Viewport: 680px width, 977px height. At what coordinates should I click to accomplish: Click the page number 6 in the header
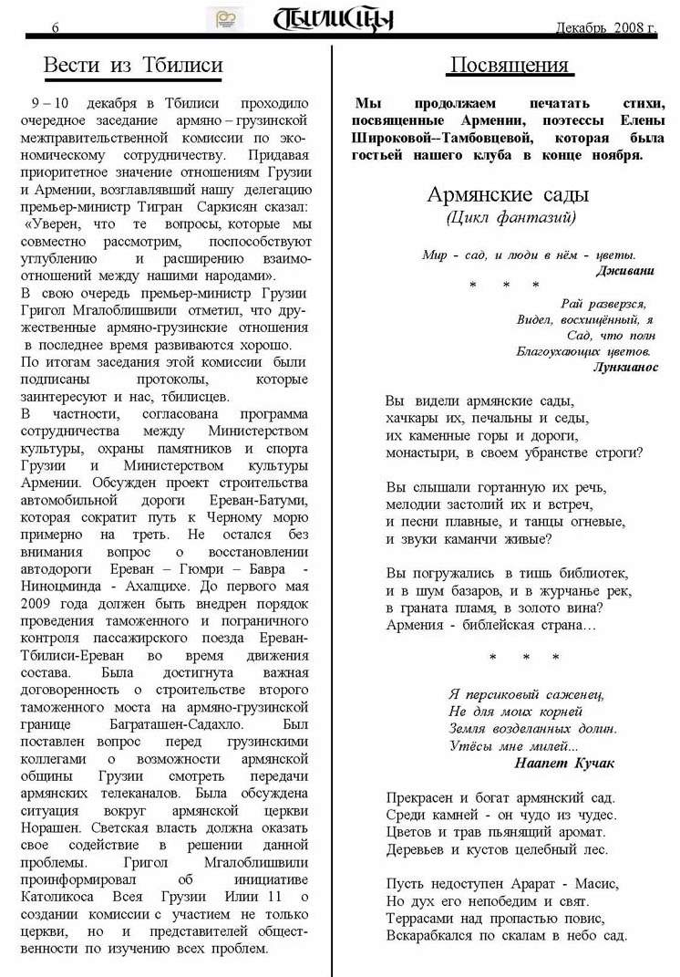pos(56,28)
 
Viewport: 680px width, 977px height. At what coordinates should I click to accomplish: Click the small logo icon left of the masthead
pos(225,17)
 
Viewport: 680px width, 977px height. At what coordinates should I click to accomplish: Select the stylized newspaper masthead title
pos(335,18)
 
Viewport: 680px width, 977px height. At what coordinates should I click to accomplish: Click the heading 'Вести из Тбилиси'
pos(133,66)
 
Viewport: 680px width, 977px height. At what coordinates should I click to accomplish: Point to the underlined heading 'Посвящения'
pos(509,66)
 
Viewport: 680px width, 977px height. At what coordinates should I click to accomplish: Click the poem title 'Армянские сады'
pos(508,194)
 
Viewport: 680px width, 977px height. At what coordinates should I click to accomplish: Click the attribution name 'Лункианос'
pos(625,367)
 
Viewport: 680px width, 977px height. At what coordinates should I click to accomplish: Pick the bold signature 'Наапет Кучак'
pos(565,763)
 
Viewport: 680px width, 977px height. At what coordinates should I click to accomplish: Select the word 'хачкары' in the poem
pos(417,418)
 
